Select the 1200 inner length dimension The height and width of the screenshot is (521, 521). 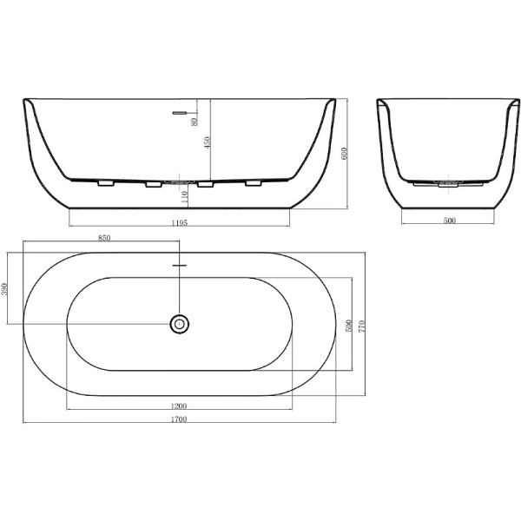pos(180,406)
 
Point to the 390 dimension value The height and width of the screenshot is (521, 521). pos(4,288)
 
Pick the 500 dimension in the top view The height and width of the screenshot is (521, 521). pos(348,326)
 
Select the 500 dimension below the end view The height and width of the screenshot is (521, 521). pos(449,221)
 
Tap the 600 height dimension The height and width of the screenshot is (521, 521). pos(345,154)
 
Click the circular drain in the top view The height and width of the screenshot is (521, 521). pos(180,324)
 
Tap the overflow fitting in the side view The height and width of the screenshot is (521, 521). pos(180,112)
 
